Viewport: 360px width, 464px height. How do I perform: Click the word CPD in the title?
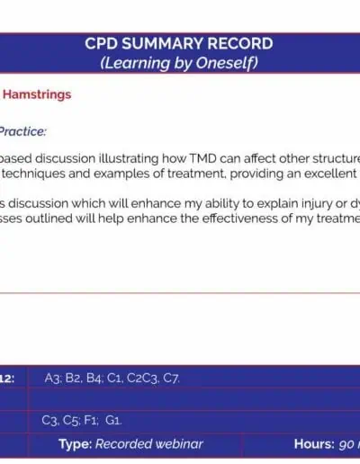pos(102,43)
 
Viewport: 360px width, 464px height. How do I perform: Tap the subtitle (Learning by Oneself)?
pos(179,63)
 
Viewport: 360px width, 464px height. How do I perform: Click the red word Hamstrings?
pos(37,94)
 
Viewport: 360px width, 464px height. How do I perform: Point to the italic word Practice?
pos(22,131)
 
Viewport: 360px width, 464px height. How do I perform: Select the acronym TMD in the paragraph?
pos(202,158)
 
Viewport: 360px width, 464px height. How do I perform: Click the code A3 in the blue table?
pos(52,379)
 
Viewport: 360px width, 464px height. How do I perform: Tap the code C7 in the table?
pos(171,379)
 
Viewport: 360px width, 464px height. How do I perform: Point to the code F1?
pos(91,420)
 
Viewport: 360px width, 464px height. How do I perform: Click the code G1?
pos(113,420)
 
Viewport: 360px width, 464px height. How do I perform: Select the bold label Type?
pos(75,444)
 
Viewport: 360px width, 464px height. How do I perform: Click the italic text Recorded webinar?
pos(149,444)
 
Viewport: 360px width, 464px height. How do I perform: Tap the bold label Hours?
pos(314,444)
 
